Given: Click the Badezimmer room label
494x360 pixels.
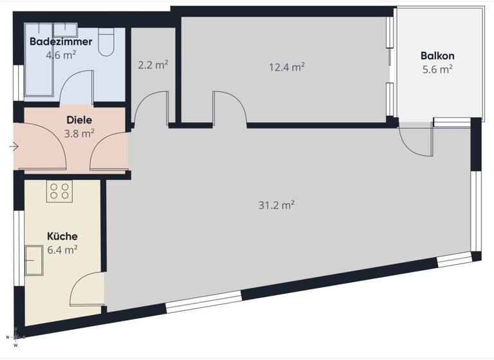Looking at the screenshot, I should coord(60,42).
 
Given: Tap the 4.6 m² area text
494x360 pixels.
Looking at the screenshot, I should coord(60,55).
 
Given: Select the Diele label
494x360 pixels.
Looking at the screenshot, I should coord(79,120).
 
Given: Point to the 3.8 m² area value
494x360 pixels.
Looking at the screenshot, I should coord(79,134).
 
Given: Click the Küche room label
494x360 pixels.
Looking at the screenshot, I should coord(62,236).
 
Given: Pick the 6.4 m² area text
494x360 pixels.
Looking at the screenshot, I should coord(62,249).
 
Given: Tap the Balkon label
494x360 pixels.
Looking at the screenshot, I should coord(437,56).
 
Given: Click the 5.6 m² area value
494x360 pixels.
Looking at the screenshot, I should coord(437,69).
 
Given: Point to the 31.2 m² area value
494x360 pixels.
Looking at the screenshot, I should coord(277,205).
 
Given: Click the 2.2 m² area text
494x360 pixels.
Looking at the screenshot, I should coord(153,64).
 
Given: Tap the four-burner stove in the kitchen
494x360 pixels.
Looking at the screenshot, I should coord(60,190).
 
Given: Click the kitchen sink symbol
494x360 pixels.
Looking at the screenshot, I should coord(33,260).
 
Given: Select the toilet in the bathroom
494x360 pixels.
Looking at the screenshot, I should coord(106,42).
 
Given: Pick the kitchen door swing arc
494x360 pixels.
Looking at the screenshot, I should coord(87,288).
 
